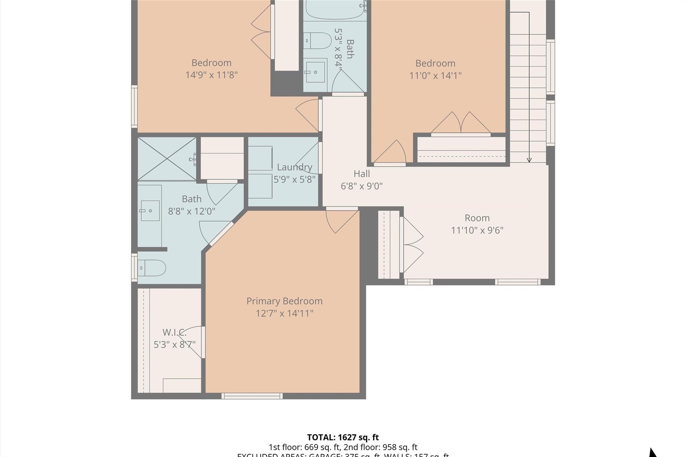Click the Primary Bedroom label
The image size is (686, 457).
284,301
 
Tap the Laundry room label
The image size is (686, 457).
294,167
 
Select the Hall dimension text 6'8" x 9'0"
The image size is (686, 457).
361,186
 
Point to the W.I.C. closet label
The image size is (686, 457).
174,332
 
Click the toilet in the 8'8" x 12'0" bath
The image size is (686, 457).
152,268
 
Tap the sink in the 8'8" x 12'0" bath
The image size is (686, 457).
150,211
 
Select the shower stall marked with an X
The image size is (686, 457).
167,159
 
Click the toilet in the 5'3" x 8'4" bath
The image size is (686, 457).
317,41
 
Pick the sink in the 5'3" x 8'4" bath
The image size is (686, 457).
315,71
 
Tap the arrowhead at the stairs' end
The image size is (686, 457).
529,160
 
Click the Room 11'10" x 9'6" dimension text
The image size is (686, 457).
477,230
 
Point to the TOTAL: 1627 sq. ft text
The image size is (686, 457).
343,437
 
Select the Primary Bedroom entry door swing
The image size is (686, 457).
341,221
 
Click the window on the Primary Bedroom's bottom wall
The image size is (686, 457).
252,396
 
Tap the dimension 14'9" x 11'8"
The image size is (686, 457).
211,75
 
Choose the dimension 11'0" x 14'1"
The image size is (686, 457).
435,76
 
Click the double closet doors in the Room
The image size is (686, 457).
413,244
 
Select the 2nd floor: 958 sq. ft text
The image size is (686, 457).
381,447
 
